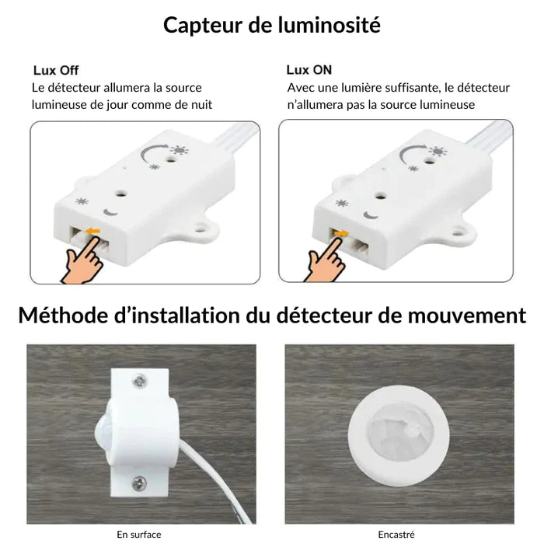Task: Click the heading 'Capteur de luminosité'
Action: pos(271,25)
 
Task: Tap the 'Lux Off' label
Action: pos(56,71)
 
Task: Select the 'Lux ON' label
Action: pos(309,71)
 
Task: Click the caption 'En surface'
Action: pos(138,514)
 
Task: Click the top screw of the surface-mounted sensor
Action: pos(138,382)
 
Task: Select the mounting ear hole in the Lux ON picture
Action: pos(459,228)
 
